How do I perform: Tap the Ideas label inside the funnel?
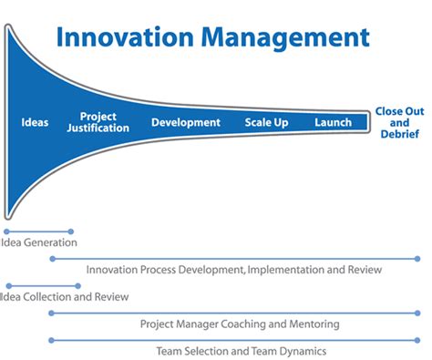pyautogui.click(x=35, y=122)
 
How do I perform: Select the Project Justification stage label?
pyautogui.click(x=98, y=122)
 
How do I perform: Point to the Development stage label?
pyautogui.click(x=186, y=122)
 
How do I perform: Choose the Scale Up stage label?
pyautogui.click(x=267, y=122)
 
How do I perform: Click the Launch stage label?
pyautogui.click(x=333, y=122)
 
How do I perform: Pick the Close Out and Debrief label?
pyautogui.click(x=399, y=122)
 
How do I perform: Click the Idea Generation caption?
pyautogui.click(x=39, y=242)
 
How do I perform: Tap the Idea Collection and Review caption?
pyautogui.click(x=64, y=296)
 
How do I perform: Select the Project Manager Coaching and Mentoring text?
pyautogui.click(x=240, y=324)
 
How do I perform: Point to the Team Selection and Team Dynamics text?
pyautogui.click(x=241, y=351)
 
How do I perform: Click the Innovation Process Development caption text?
pyautogui.click(x=233, y=270)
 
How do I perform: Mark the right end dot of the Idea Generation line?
pyautogui.click(x=71, y=231)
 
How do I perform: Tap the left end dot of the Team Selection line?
pyautogui.click(x=51, y=340)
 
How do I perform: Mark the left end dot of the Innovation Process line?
pyautogui.click(x=51, y=259)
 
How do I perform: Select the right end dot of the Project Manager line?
pyautogui.click(x=419, y=313)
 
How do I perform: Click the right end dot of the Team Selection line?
pyautogui.click(x=419, y=340)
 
